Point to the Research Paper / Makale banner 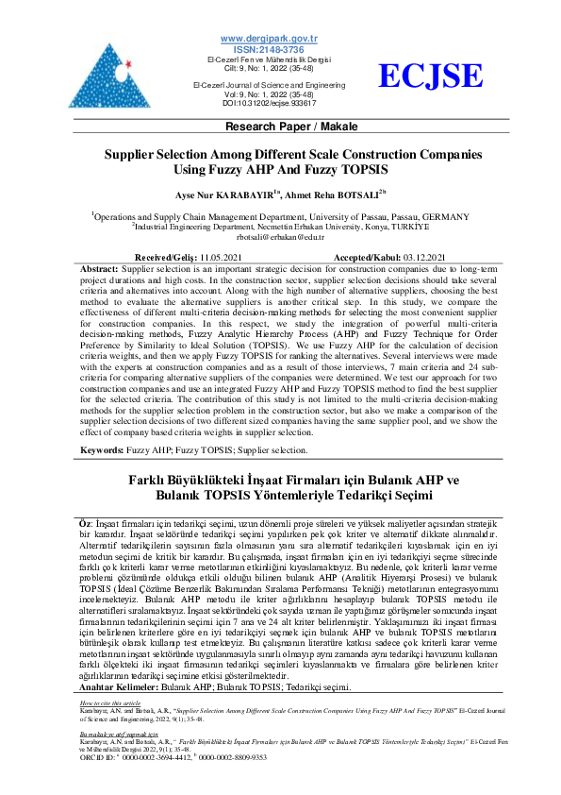click(280, 126)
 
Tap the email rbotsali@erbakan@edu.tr click(280, 237)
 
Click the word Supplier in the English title click(132, 157)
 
